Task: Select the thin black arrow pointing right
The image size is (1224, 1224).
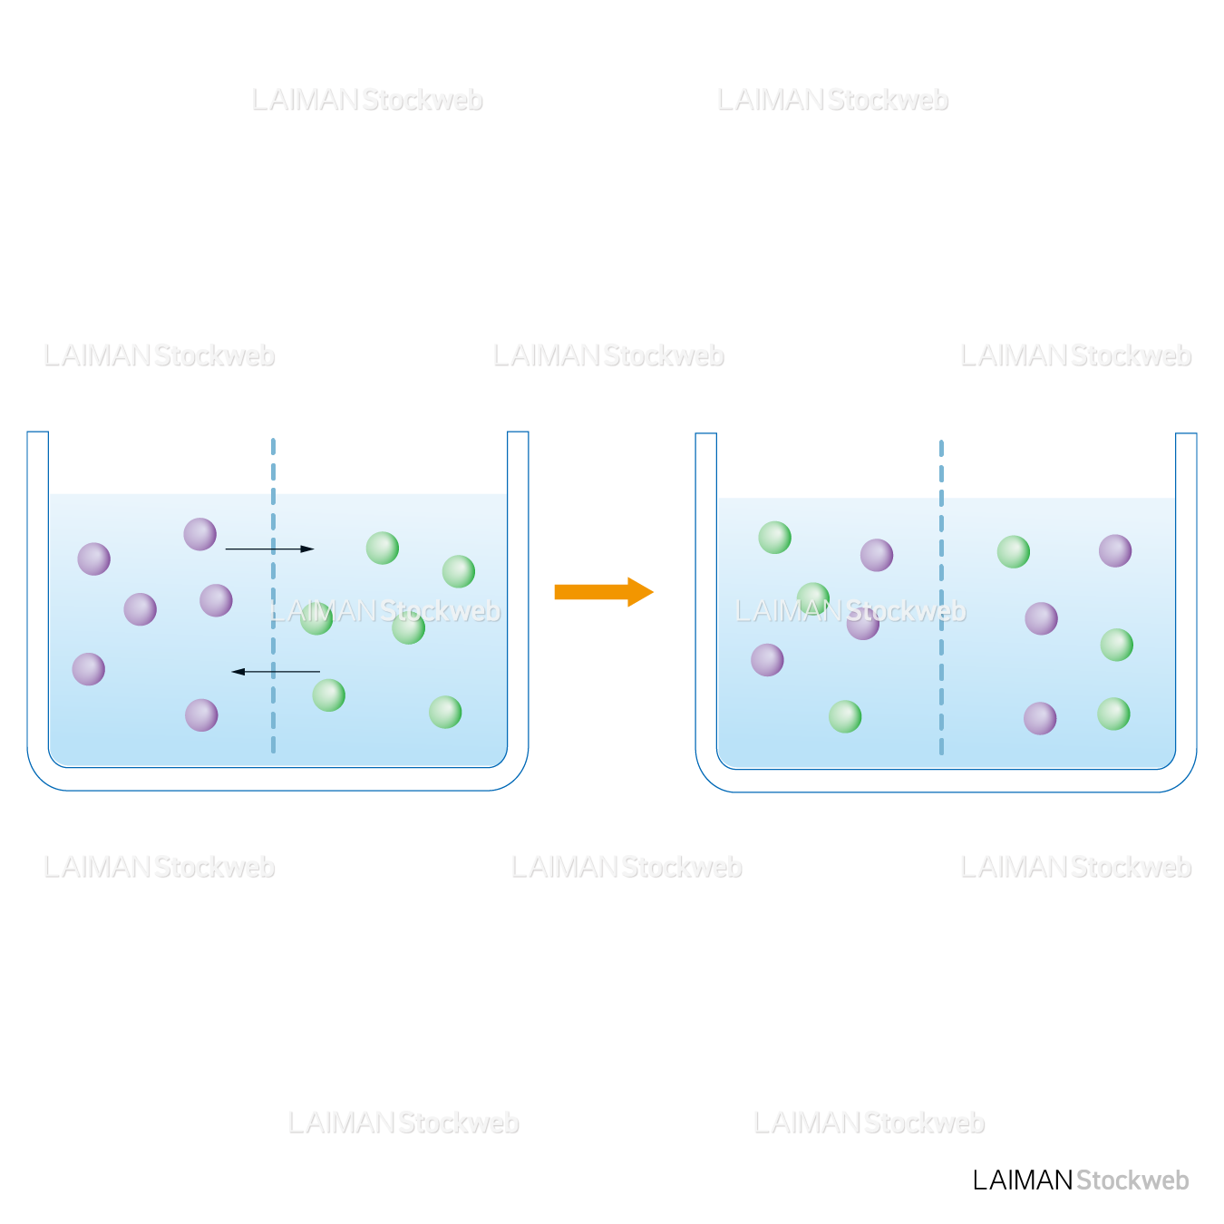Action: (269, 549)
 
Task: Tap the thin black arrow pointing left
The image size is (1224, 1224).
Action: (276, 672)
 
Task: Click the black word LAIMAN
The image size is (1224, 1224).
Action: (1023, 1180)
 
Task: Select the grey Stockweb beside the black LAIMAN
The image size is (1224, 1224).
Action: (1132, 1180)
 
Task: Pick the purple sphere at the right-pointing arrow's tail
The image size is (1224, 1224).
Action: (200, 534)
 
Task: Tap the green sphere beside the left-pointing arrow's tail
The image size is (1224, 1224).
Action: (328, 695)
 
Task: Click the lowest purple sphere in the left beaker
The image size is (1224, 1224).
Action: (201, 715)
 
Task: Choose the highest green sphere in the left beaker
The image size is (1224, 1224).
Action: (383, 548)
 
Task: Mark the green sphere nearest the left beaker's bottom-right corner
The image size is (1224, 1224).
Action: (445, 712)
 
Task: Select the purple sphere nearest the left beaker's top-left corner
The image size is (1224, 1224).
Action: (94, 559)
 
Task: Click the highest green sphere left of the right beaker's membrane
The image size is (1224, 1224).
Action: (775, 538)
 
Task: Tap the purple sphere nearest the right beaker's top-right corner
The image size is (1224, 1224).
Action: (1115, 550)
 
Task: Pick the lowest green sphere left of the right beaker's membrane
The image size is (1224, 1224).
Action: (845, 716)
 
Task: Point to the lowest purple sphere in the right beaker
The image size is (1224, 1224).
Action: (1040, 718)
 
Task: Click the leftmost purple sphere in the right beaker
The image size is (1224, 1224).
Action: (767, 660)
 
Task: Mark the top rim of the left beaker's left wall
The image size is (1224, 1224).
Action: (38, 433)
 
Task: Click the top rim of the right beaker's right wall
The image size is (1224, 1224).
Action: (1186, 435)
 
